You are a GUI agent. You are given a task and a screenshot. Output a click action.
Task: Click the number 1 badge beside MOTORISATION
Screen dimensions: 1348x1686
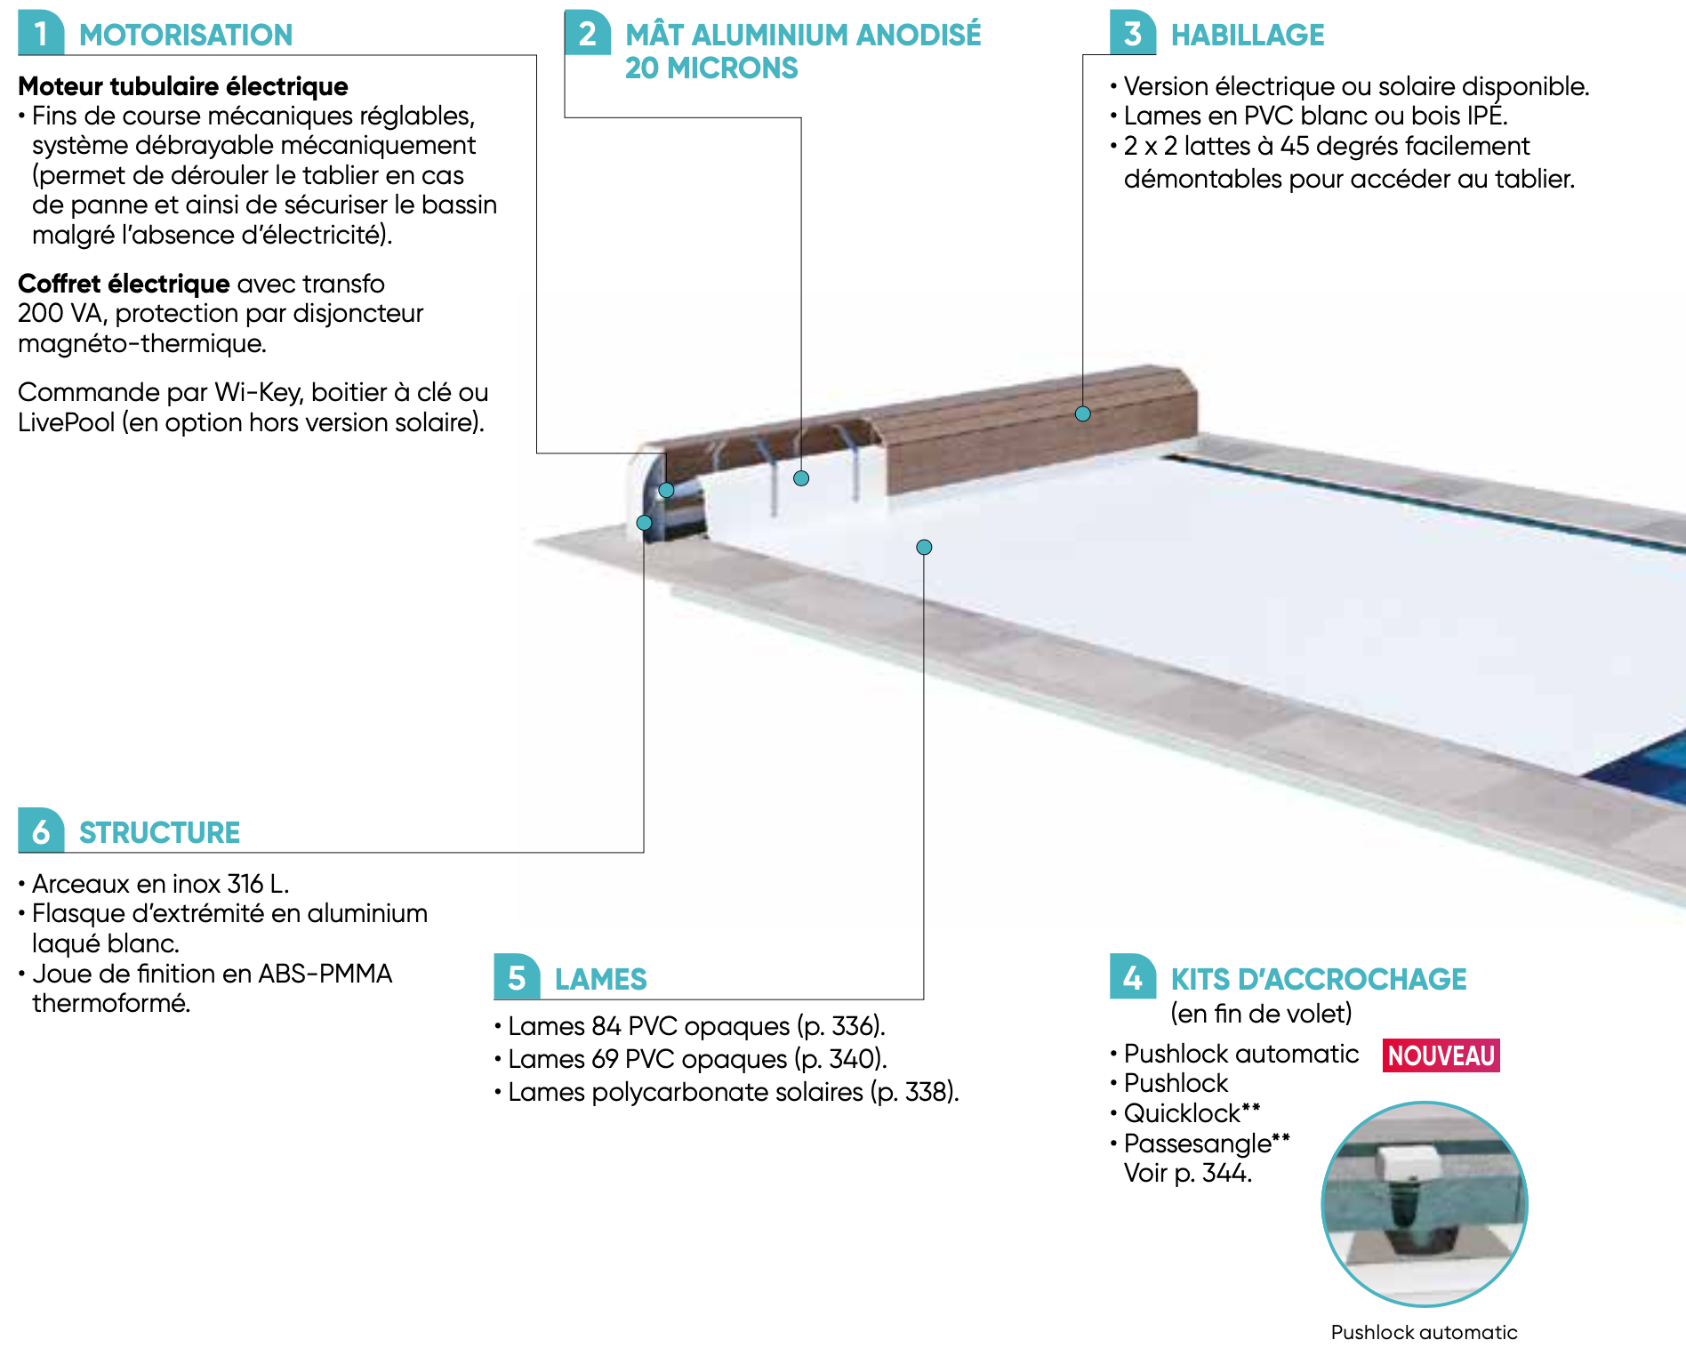pos(40,33)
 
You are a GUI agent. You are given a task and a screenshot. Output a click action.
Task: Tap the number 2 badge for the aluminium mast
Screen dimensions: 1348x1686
pos(587,33)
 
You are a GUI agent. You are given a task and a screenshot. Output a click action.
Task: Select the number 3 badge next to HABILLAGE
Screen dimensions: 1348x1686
pos(1132,33)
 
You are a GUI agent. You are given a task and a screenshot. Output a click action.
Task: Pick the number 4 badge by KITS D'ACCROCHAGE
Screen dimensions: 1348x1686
pos(1132,977)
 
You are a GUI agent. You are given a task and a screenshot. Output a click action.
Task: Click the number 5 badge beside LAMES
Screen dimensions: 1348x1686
pos(517,977)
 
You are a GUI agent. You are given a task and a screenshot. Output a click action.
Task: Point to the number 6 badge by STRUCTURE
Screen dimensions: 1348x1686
pos(40,831)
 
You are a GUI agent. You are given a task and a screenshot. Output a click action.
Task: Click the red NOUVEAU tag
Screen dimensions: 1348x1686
pos(1441,1055)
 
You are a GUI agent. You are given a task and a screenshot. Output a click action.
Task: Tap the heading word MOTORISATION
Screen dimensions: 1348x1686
pos(186,35)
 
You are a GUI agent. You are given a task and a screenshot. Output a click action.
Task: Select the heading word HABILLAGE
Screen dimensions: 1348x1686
pos(1247,35)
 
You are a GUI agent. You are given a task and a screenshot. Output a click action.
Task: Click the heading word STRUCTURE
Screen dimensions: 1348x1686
pos(159,832)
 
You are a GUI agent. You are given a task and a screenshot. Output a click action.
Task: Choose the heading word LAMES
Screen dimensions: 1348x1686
pos(600,979)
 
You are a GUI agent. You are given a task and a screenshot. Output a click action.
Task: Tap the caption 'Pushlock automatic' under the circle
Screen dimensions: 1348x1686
pos(1424,1332)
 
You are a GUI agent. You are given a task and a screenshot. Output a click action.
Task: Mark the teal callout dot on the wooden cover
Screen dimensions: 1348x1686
pos(1082,413)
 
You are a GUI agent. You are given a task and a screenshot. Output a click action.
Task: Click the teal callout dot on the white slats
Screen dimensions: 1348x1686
pos(924,547)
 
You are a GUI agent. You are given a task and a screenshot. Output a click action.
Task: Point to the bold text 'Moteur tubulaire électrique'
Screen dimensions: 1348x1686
pos(183,86)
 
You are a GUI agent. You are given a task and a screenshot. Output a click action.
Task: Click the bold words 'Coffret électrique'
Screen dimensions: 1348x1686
pos(124,284)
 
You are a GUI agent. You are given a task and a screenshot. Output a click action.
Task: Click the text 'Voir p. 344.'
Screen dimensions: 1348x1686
pos(1187,1173)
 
